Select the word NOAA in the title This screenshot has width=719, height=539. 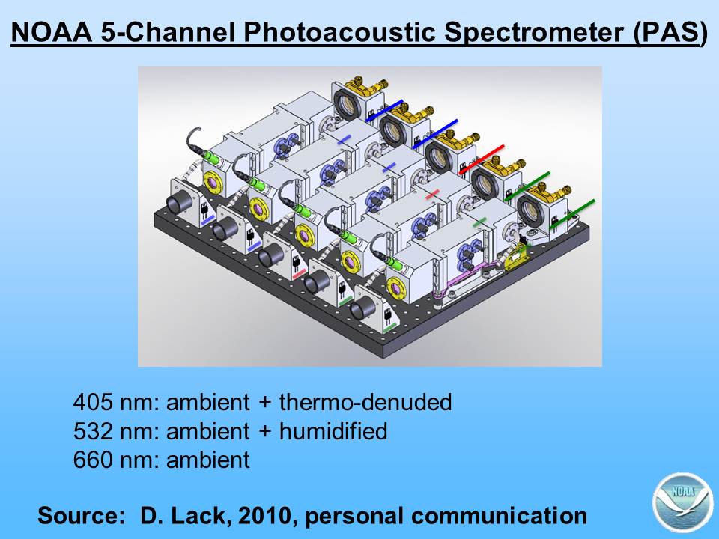[x=51, y=32]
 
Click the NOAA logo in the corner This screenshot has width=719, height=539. [x=682, y=502]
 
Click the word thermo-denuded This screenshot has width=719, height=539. [x=365, y=402]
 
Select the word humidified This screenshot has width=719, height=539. [x=333, y=431]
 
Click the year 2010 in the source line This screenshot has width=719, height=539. [x=264, y=516]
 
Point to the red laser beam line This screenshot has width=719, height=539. [x=482, y=159]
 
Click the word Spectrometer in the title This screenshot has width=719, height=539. [x=534, y=33]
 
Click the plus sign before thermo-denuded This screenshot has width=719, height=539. [x=264, y=403]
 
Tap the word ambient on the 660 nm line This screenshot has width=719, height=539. [x=208, y=460]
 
